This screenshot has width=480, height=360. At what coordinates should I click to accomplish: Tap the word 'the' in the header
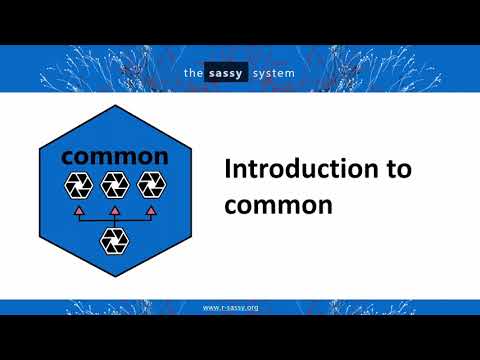coord(194,71)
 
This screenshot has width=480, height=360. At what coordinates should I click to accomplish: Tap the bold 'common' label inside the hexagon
coord(115,156)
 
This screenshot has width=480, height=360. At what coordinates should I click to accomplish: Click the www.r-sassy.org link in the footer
coord(231,307)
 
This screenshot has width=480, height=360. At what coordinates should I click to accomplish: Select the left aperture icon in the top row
coord(78,184)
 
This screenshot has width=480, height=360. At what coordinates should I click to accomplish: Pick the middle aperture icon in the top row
coord(114,184)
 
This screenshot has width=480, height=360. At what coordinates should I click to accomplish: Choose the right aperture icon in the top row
coord(150,184)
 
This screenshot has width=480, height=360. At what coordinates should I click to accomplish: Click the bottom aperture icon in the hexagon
coord(114,240)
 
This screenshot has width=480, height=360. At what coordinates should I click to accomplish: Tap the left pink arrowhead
coord(78,211)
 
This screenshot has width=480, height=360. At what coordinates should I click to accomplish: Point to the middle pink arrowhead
coord(114,211)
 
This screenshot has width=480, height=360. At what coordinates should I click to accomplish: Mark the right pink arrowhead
coord(150,211)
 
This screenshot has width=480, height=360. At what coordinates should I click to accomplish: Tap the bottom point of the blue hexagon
coord(114,279)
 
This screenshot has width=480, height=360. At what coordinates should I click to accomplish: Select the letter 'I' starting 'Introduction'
coord(227,168)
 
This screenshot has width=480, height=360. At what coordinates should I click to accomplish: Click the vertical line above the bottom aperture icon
coord(114,225)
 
